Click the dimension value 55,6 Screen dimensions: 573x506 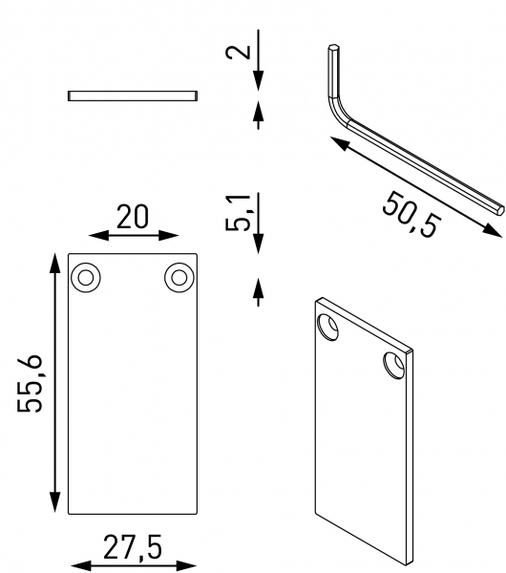pyautogui.click(x=32, y=382)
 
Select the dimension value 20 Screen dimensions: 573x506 pyautogui.click(x=133, y=217)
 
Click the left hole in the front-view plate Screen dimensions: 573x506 pyautogui.click(x=87, y=277)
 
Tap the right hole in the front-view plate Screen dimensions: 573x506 pyautogui.click(x=179, y=277)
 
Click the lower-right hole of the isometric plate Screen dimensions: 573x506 pyautogui.click(x=393, y=364)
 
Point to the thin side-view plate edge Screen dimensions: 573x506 pyautogui.click(x=133, y=95)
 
